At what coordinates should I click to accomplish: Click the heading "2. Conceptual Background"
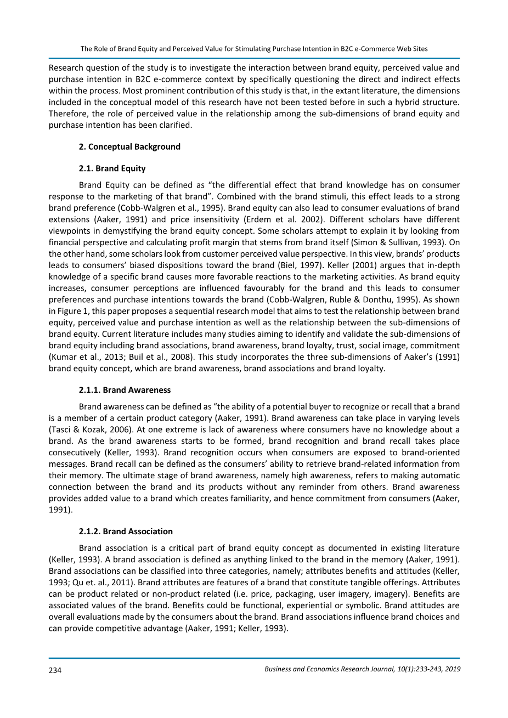coord(129,146)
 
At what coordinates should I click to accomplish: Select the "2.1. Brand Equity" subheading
coord(112,168)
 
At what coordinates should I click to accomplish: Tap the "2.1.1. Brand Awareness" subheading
coord(125,390)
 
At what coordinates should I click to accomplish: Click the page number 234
coord(55,670)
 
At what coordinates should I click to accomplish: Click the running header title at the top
coord(254,49)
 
